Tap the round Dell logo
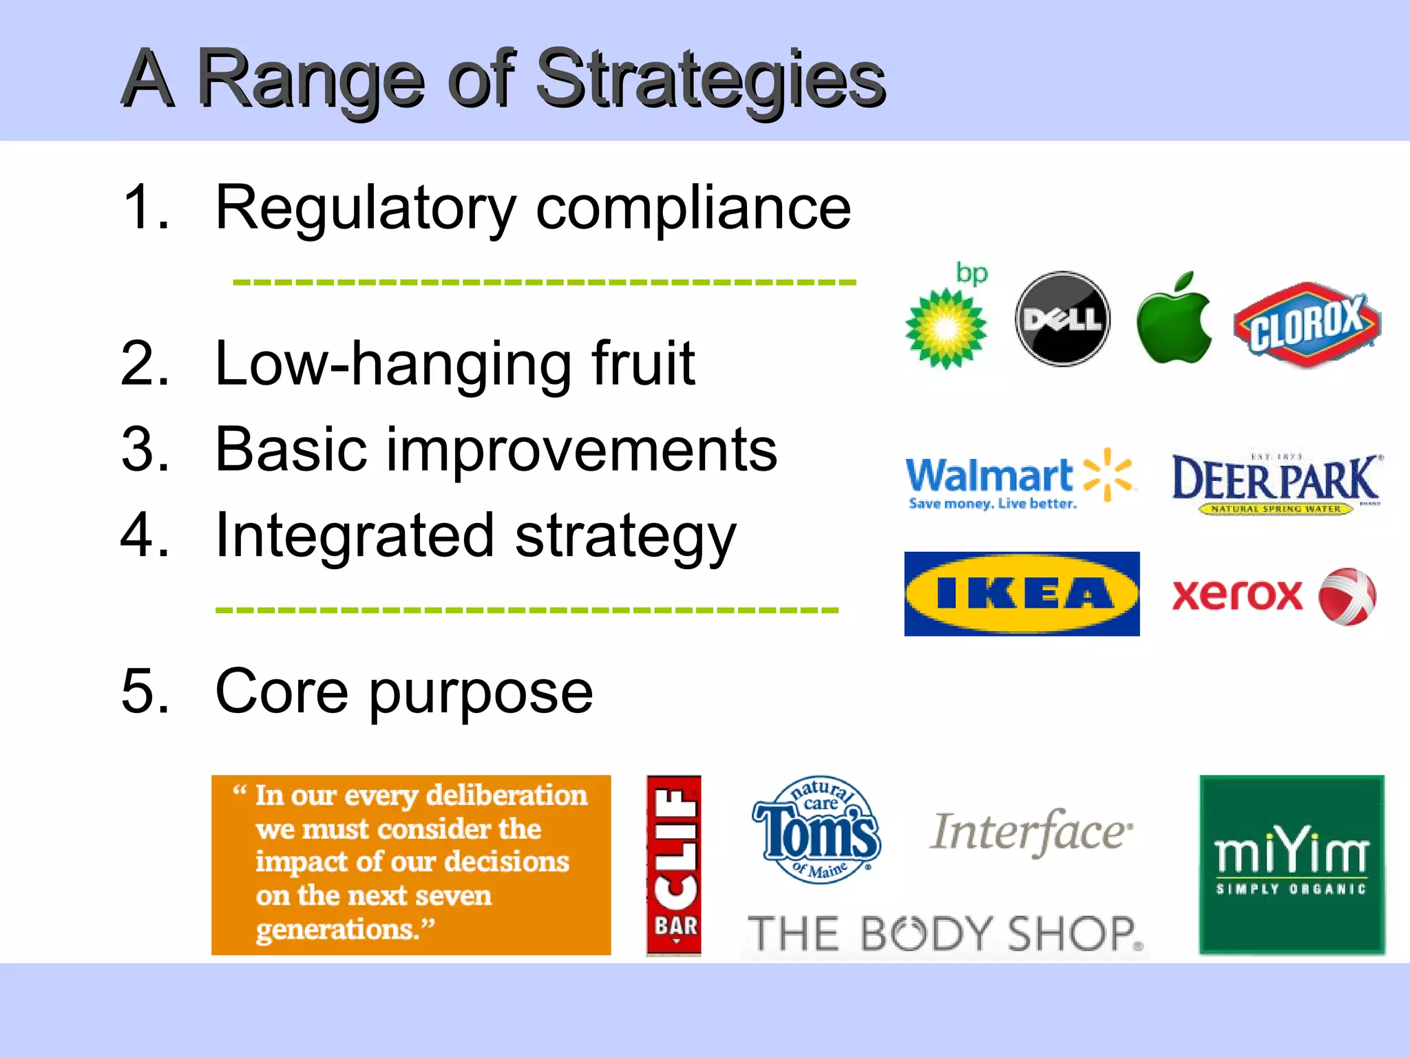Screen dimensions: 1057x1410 coord(1062,319)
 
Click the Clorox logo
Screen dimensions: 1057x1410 coord(1306,323)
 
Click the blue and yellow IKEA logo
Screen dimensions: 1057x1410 coord(1022,594)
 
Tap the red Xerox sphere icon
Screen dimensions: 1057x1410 coord(1347,596)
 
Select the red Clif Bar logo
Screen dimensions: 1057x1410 coord(673,865)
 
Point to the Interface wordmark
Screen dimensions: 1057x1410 coord(1030,833)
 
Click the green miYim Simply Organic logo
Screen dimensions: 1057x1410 coord(1292,865)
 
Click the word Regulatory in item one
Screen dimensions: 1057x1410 coord(365,209)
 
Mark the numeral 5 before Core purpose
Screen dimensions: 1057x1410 coord(145,691)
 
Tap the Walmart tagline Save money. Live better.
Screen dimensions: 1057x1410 coord(992,504)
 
